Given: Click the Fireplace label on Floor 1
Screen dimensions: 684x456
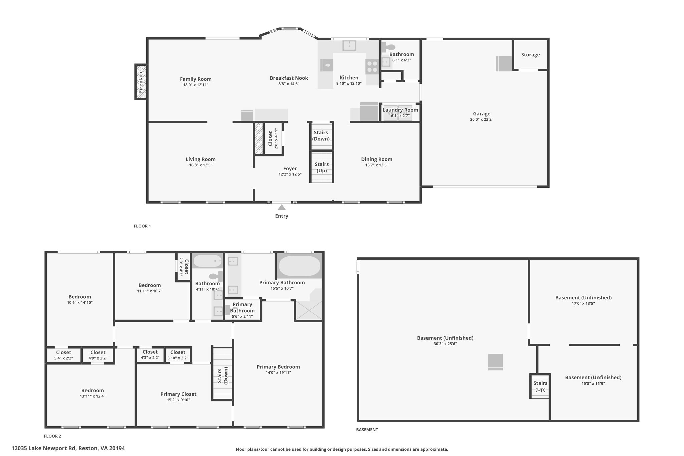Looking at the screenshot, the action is click(x=141, y=82).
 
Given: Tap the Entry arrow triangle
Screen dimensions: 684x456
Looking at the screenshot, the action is click(x=282, y=207).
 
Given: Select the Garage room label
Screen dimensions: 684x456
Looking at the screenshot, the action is click(x=482, y=114).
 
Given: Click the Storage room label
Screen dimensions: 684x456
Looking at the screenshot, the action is click(x=530, y=55).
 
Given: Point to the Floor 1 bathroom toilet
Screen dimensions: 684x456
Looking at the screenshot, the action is click(x=388, y=47).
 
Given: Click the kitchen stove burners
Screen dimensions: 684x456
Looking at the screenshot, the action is click(x=372, y=66).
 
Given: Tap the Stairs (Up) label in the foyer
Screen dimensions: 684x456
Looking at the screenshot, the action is click(x=322, y=167).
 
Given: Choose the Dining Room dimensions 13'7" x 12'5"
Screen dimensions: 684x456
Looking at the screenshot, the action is click(x=377, y=165).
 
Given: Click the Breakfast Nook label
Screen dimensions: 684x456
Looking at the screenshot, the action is click(x=289, y=78).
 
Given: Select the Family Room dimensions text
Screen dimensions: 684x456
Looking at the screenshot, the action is click(x=196, y=85).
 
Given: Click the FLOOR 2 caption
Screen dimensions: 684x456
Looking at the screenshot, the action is click(x=53, y=436).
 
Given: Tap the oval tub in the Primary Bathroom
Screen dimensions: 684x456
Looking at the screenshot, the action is click(x=299, y=266).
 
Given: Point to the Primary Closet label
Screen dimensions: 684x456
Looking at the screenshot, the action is click(x=178, y=394).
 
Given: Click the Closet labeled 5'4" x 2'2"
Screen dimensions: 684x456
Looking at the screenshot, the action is click(x=63, y=355).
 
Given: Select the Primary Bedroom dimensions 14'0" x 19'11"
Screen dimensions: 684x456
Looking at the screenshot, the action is click(x=278, y=373).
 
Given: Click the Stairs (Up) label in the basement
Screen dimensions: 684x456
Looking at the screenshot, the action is click(x=540, y=386).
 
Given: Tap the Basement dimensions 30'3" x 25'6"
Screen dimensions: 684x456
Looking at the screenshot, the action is click(x=445, y=344).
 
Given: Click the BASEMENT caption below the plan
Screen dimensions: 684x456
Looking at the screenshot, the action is click(x=367, y=430).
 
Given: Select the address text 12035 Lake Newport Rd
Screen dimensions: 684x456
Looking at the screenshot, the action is click(x=44, y=448).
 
